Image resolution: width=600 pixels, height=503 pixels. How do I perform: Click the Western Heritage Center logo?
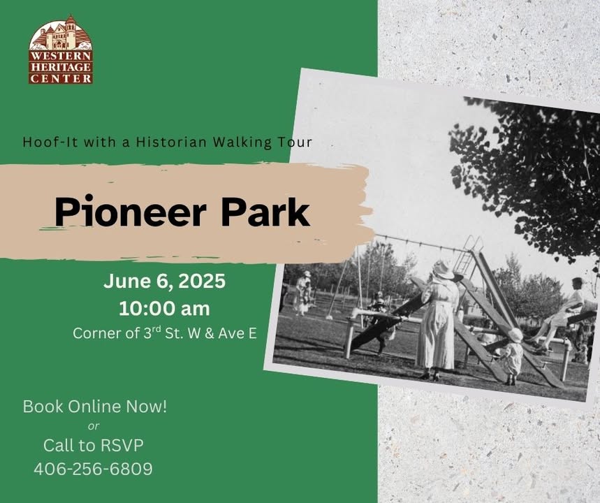tap(61, 50)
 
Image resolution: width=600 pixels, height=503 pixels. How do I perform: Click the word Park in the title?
tap(265, 212)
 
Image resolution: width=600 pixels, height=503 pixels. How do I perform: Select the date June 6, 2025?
tap(165, 282)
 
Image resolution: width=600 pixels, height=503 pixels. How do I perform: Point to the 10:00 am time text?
tap(165, 309)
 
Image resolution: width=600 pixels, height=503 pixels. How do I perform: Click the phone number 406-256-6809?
tap(94, 469)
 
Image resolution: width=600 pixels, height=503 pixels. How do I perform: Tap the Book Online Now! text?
tap(95, 407)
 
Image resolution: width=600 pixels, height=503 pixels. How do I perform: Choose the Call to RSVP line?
tap(94, 446)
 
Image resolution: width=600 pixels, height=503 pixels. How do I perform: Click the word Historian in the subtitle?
tap(171, 142)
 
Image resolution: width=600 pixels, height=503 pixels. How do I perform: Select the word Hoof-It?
tap(50, 142)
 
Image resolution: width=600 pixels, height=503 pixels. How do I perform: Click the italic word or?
tap(94, 426)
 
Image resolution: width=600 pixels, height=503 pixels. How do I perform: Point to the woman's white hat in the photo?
tap(444, 269)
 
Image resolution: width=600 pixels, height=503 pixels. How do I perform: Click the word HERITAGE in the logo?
tap(61, 67)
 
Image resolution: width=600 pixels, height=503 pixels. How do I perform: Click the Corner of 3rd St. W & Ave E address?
tap(165, 333)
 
